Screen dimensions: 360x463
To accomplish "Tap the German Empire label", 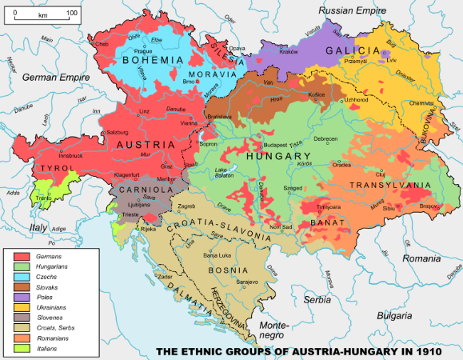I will tap(52, 78).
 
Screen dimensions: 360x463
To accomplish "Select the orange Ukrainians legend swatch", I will tap(24, 306).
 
